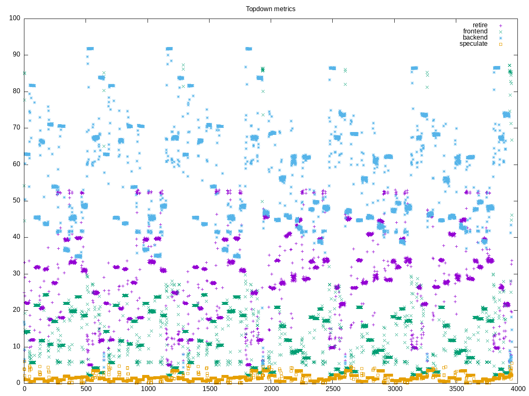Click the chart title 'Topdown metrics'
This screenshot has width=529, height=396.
270,9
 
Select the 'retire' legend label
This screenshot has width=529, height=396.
480,25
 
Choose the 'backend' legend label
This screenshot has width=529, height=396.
475,38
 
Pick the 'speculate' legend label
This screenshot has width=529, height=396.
473,44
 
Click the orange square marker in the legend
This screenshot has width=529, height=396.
500,44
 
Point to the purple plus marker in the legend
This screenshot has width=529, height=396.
500,25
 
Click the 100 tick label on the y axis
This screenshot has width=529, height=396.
14,18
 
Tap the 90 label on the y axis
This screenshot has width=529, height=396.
16,55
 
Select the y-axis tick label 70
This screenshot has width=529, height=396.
16,127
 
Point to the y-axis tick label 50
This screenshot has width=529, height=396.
16,200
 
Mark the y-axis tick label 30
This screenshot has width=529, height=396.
16,273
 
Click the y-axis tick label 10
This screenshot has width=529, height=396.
16,346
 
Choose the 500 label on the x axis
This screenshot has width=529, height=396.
86,389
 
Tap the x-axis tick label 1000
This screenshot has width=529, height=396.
148,389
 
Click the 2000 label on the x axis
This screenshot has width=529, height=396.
271,389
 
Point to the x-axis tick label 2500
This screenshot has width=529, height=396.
333,389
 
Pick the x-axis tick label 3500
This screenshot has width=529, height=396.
456,389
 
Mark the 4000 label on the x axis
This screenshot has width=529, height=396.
518,389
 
